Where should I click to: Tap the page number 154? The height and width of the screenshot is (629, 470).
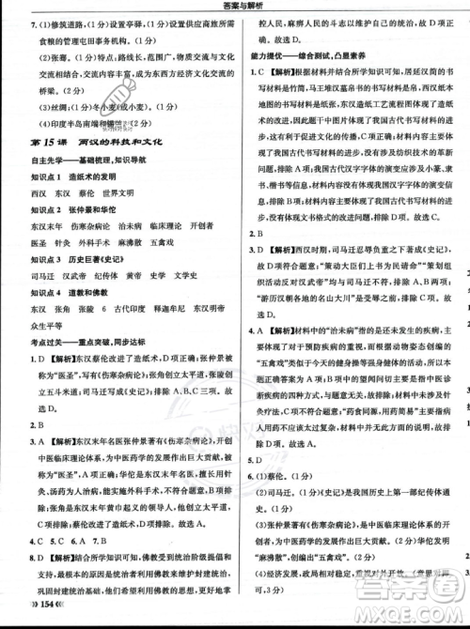point(34,620)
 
